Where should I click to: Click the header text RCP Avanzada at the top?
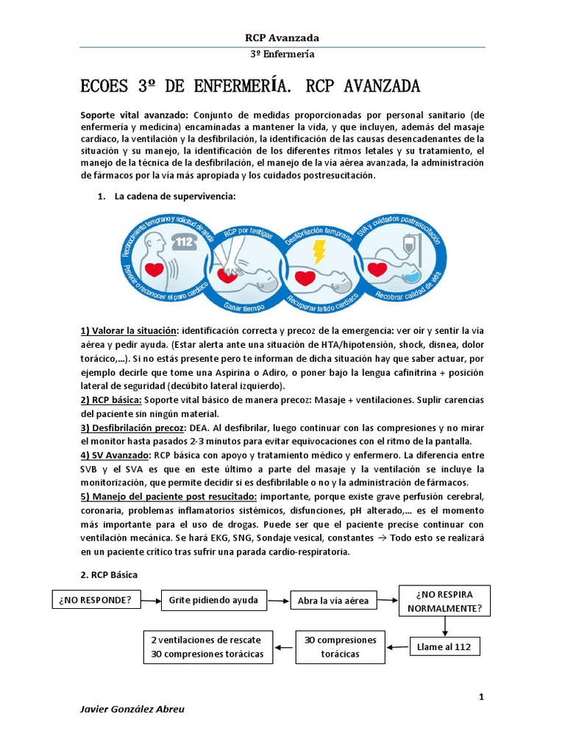point(282,38)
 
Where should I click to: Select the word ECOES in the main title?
point(105,87)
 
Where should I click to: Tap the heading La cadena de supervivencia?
point(175,196)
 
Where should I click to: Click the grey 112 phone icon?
point(185,242)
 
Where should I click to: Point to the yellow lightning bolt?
point(319,251)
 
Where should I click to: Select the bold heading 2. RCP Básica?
point(109,574)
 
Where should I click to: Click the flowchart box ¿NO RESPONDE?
point(96,600)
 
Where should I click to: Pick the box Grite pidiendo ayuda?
point(213,600)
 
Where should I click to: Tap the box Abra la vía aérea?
point(333,601)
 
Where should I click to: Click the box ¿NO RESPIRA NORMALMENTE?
point(444,601)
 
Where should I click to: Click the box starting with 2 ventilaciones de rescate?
point(207,646)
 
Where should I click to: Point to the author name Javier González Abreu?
point(132,709)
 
